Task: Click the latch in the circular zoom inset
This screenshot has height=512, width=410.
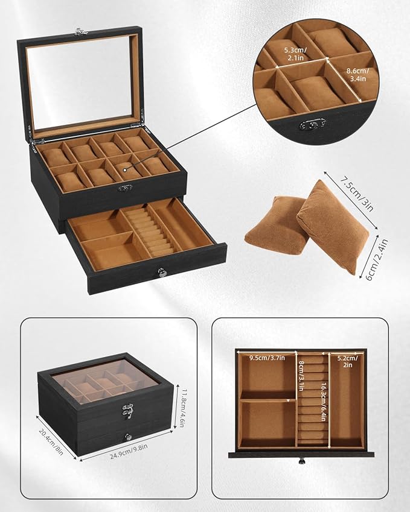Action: click(313, 124)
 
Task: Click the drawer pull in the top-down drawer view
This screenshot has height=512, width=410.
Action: click(300, 462)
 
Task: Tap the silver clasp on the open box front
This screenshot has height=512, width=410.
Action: click(125, 188)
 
